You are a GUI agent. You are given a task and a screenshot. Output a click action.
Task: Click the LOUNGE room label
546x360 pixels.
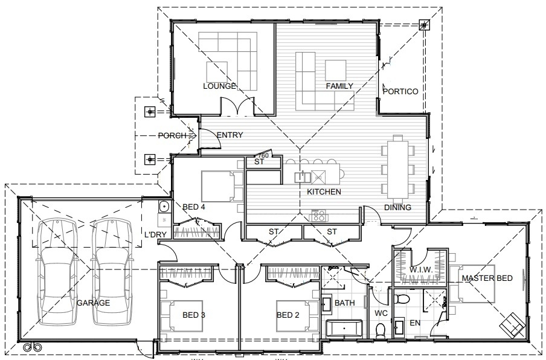pyautogui.click(x=219, y=86)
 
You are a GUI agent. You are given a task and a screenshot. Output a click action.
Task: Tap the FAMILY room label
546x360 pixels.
pyautogui.click(x=339, y=86)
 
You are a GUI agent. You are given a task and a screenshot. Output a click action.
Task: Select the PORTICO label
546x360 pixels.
pyautogui.click(x=400, y=92)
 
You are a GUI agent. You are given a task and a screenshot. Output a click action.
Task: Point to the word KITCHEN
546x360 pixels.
pyautogui.click(x=324, y=191)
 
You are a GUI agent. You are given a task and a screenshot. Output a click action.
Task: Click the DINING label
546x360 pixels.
pyautogui.click(x=397, y=208)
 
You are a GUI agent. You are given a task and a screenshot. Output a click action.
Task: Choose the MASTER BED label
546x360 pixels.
pyautogui.click(x=487, y=278)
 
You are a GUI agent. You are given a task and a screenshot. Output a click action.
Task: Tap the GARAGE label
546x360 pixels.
pyautogui.click(x=93, y=303)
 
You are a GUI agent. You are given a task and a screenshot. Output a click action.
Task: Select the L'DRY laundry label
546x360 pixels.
pyautogui.click(x=155, y=234)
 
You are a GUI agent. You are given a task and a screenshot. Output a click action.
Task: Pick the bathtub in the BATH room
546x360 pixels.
pyautogui.click(x=344, y=329)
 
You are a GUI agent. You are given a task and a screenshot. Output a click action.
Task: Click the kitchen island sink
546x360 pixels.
pyautogui.click(x=301, y=177)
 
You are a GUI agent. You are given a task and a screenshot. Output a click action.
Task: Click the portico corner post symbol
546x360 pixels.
pyautogui.click(x=425, y=25)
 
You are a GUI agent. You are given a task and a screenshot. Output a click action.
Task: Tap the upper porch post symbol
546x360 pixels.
pyautogui.click(x=150, y=112)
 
